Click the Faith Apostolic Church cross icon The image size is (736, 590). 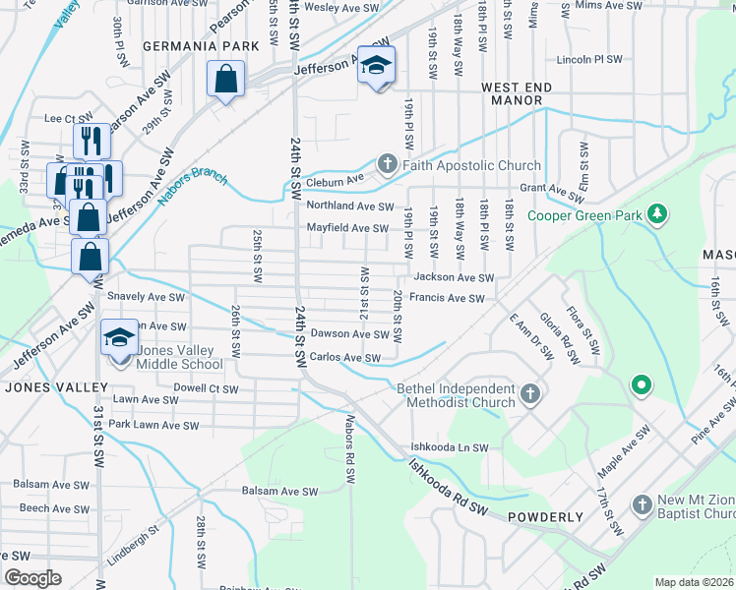tap(388, 164)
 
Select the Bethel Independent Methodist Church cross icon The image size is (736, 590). tap(530, 395)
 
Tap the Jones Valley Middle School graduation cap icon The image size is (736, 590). tap(119, 338)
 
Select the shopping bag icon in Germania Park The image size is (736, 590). tap(225, 79)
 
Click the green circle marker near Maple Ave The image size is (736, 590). tap(642, 384)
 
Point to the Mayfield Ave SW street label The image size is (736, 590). tap(347, 228)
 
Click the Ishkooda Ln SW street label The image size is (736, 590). tap(450, 448)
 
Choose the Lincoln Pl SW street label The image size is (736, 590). tap(589, 59)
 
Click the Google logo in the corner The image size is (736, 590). tap(32, 578)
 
